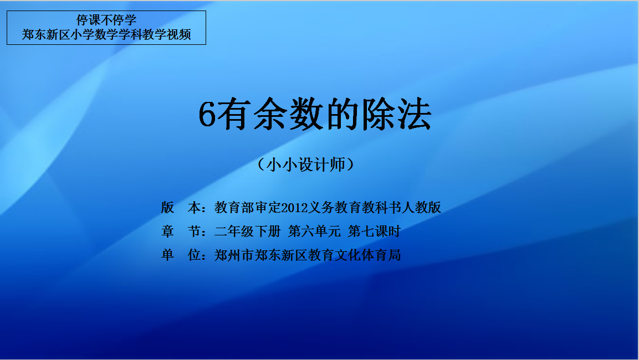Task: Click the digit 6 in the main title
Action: pyautogui.click(x=207, y=115)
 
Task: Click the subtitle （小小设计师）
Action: pyautogui.click(x=305, y=164)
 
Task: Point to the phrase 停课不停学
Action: pyautogui.click(x=106, y=20)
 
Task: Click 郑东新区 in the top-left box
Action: pyautogui.click(x=46, y=34)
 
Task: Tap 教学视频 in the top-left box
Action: pyautogui.click(x=167, y=34)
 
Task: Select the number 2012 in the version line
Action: pyautogui.click(x=295, y=208)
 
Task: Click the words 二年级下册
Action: pyautogui.click(x=247, y=232)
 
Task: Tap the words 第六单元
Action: pyautogui.click(x=314, y=232)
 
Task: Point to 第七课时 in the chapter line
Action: pyautogui.click(x=375, y=232)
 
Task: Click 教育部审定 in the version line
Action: pyautogui.click(x=248, y=208)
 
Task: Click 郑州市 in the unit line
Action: pyautogui.click(x=234, y=255)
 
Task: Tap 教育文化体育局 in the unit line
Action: pyautogui.click(x=355, y=255)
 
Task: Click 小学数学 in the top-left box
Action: pyautogui.click(x=94, y=34)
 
